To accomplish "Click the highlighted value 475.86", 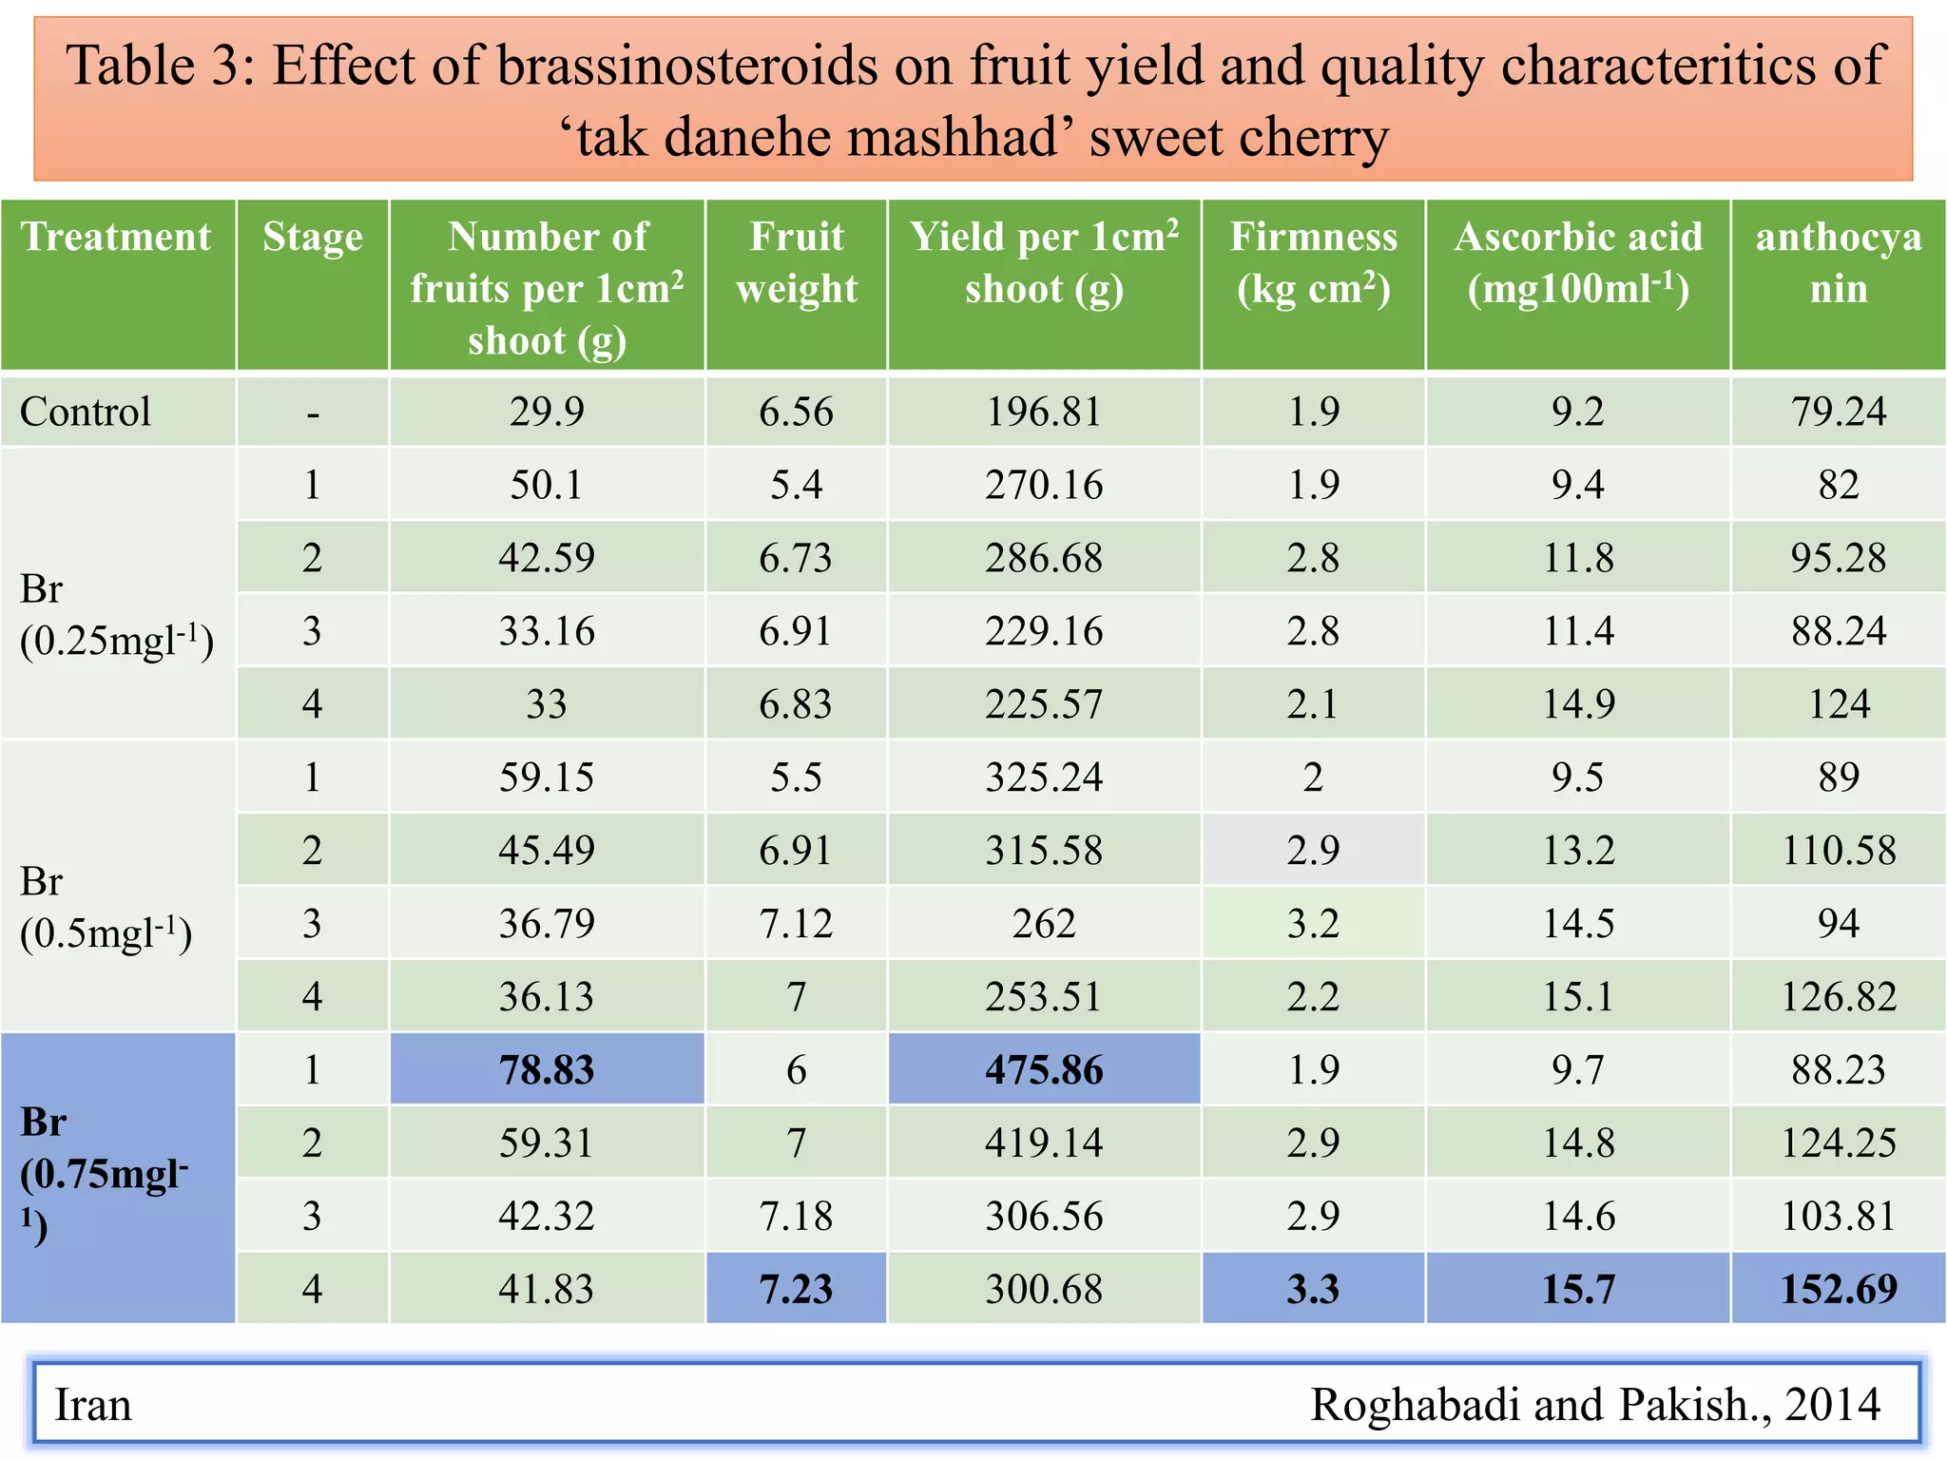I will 1044,1070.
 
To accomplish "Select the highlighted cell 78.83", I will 547,1070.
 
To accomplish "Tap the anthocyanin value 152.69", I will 1839,1289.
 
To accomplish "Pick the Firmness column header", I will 1313,262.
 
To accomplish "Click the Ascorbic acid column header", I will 1578,262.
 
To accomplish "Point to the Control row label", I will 86,412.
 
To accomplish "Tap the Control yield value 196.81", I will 1044,412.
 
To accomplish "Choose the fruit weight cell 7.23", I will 796,1289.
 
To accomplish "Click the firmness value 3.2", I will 1313,923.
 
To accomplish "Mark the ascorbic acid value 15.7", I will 1578,1289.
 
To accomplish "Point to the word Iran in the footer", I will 93,1404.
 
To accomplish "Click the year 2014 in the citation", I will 1832,1404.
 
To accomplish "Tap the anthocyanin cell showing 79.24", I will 1839,412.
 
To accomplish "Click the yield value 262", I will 1044,923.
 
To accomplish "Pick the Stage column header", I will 313,237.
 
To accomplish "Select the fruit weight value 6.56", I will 796,412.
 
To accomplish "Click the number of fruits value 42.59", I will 547,558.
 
